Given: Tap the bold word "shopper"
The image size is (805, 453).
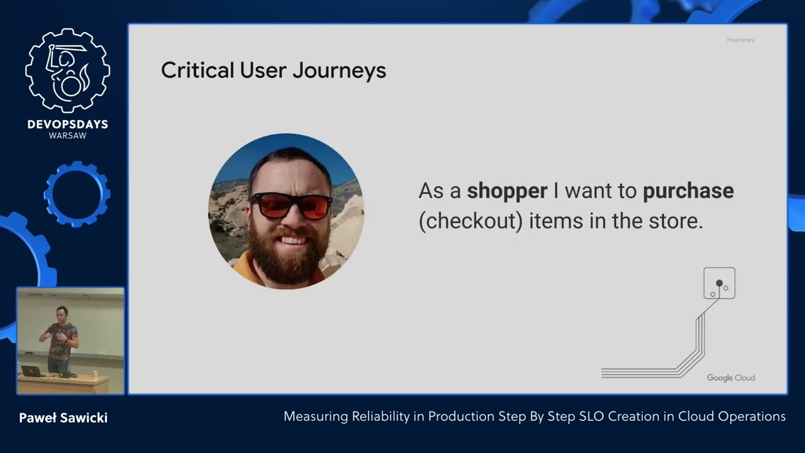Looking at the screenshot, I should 507,191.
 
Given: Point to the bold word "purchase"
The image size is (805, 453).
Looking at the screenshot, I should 688,191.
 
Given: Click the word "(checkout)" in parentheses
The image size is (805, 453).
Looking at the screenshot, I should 470,221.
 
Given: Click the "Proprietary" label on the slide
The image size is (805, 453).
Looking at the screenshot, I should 740,40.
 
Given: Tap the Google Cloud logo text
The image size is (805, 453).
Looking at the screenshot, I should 730,377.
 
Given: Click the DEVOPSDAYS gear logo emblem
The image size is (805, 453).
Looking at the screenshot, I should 67,70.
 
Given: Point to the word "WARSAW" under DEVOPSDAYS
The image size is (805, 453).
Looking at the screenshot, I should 67,135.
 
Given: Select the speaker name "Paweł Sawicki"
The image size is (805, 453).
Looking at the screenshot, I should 63,418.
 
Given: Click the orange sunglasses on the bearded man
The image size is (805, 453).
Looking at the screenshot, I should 291,205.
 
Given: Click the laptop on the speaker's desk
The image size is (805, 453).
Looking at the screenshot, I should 31,371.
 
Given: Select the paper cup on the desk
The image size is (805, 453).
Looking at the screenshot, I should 95,374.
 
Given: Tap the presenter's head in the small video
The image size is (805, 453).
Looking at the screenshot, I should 61,312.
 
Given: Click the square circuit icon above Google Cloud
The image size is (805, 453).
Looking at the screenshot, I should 719,283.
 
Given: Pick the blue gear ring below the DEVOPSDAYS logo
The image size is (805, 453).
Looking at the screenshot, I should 77,194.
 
